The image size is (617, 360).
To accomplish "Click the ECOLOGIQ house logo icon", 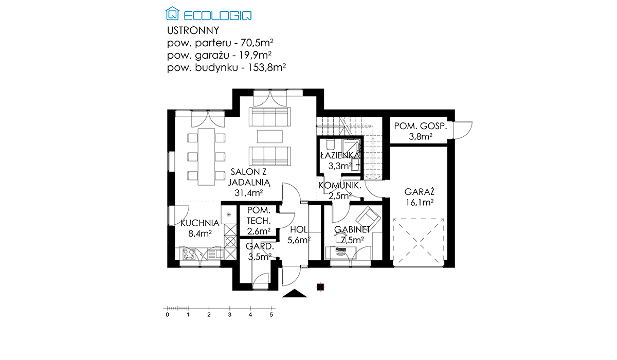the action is (x=172, y=13).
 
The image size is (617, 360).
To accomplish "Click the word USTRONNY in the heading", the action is (x=193, y=30).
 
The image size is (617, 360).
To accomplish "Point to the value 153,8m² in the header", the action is (x=267, y=67).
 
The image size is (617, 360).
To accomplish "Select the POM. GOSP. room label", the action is (x=421, y=126).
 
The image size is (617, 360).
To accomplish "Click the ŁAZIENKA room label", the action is (x=340, y=155).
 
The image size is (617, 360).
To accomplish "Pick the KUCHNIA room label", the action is (x=200, y=223).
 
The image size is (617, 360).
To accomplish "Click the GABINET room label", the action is (x=352, y=229).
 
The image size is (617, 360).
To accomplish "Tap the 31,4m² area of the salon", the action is (x=248, y=193).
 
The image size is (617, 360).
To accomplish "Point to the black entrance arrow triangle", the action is (x=295, y=294).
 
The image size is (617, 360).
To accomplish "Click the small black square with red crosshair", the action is (x=320, y=287).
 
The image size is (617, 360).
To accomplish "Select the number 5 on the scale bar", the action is (x=271, y=315).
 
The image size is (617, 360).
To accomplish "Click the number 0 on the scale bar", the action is (x=168, y=315).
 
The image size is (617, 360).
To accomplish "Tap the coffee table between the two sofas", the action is (x=270, y=136).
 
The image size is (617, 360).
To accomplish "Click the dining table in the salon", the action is (x=206, y=157).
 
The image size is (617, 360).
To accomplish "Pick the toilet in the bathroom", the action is (x=330, y=144).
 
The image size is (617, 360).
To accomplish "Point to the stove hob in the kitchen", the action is (x=189, y=254).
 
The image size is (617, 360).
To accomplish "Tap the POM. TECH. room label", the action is (x=258, y=215).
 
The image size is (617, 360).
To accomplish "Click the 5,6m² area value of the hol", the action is (x=299, y=240).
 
